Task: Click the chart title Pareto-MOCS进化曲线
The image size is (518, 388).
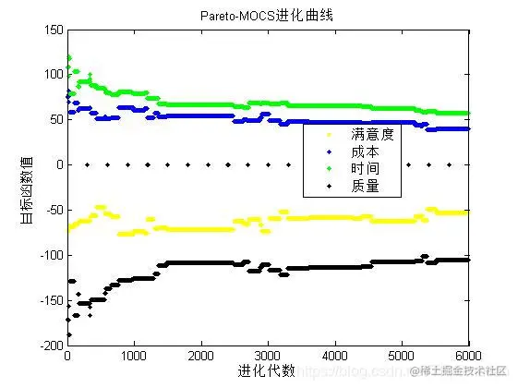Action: (x=268, y=16)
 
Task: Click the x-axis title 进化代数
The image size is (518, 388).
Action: (x=267, y=370)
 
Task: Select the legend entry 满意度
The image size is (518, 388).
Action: (x=373, y=135)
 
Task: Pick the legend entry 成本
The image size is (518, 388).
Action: (x=367, y=152)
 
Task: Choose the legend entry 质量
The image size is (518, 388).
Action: (x=367, y=187)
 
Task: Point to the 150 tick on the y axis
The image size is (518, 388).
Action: (x=53, y=30)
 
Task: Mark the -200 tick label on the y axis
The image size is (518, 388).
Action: (x=51, y=345)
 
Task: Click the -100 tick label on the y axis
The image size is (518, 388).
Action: (x=51, y=255)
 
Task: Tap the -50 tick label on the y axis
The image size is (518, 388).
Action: (x=53, y=210)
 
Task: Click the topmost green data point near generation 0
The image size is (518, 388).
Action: (x=68, y=58)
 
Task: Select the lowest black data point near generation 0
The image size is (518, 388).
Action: (x=68, y=334)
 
